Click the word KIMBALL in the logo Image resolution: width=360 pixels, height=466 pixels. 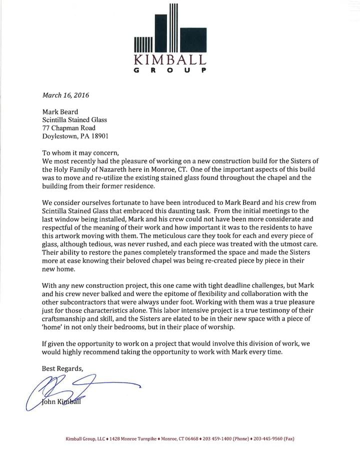coord(170,60)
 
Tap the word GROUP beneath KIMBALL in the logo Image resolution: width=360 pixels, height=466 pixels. coord(170,70)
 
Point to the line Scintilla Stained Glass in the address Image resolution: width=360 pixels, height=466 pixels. coord(74,120)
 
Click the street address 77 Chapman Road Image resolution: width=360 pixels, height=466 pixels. coord(68,128)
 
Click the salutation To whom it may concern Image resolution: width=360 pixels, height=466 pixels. coord(81,153)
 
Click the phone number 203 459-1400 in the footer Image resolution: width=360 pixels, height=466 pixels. coord(217,439)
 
